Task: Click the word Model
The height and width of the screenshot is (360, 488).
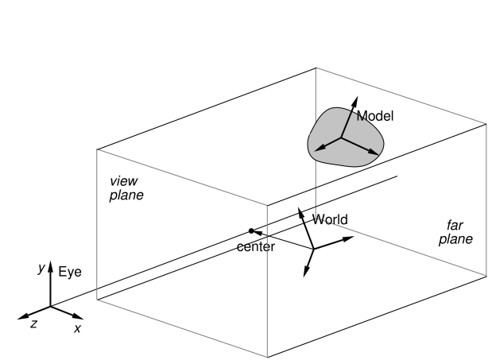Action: click(x=375, y=116)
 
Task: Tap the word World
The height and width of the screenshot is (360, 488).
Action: click(x=330, y=219)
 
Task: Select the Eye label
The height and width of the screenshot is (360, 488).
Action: click(x=70, y=273)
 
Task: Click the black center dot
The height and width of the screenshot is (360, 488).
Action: click(x=251, y=231)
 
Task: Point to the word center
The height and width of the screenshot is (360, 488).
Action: click(x=256, y=247)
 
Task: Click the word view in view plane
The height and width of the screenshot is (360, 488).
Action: click(x=124, y=180)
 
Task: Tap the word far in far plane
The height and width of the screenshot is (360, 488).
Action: click(x=455, y=225)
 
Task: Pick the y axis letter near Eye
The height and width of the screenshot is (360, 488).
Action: click(x=41, y=268)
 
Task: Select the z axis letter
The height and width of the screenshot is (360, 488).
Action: click(x=33, y=324)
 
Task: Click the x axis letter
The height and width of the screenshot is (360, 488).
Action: click(x=77, y=328)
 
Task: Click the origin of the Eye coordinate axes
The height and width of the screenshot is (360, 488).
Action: click(x=50, y=307)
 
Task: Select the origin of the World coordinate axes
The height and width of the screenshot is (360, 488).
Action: click(x=313, y=249)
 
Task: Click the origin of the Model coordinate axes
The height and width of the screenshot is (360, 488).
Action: click(x=341, y=137)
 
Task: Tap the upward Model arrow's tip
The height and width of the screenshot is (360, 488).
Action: click(x=357, y=97)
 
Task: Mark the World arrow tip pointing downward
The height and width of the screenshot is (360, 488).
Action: click(x=304, y=276)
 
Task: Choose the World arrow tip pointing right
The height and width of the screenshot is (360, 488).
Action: click(x=353, y=237)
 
